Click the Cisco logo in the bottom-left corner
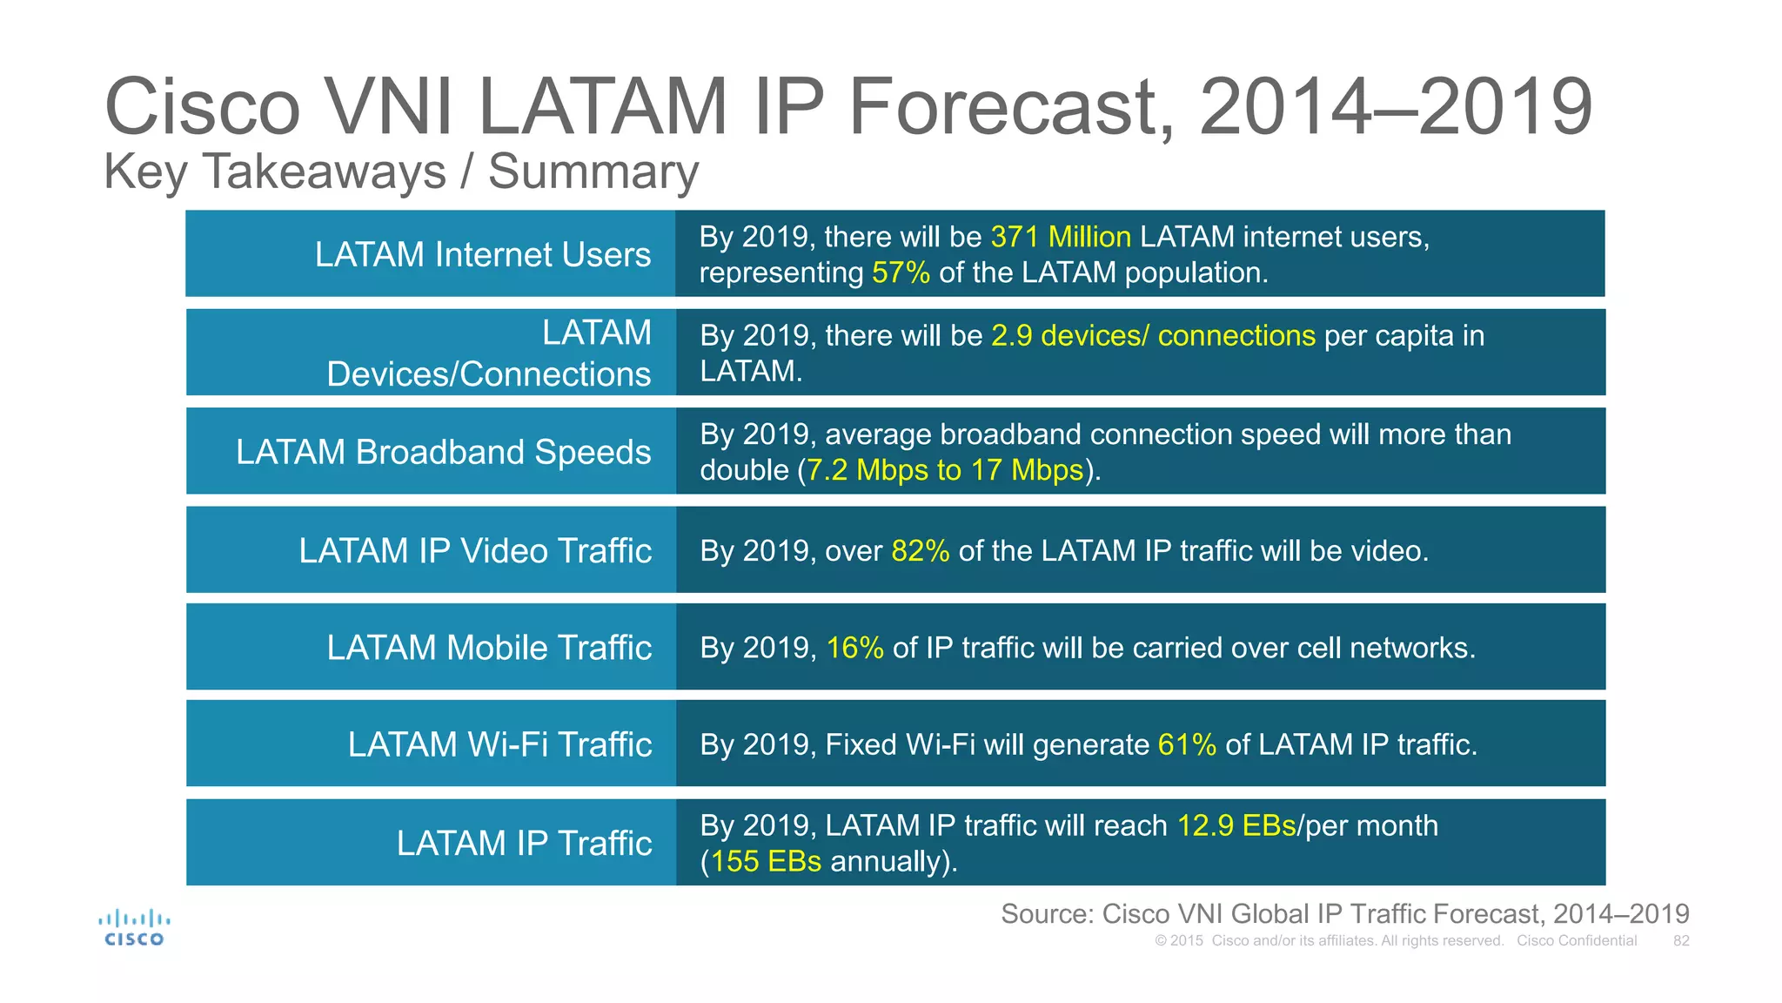point(134,928)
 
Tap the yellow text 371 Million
point(1060,237)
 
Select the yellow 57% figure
point(901,273)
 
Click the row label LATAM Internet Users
point(482,254)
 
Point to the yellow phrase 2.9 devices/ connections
point(1153,335)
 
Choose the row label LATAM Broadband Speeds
point(443,452)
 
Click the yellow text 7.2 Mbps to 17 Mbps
point(944,470)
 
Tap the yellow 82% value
point(920,551)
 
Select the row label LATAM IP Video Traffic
point(475,551)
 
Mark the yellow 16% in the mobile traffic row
point(854,648)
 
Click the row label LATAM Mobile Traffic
point(489,648)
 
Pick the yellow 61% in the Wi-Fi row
point(1187,744)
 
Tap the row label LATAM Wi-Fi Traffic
point(499,744)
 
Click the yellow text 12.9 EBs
point(1236,825)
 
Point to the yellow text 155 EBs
point(766,861)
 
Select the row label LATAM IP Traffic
point(524,843)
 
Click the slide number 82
point(1680,941)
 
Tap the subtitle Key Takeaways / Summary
point(401,172)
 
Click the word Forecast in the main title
point(1009,107)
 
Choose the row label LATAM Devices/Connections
point(488,353)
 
